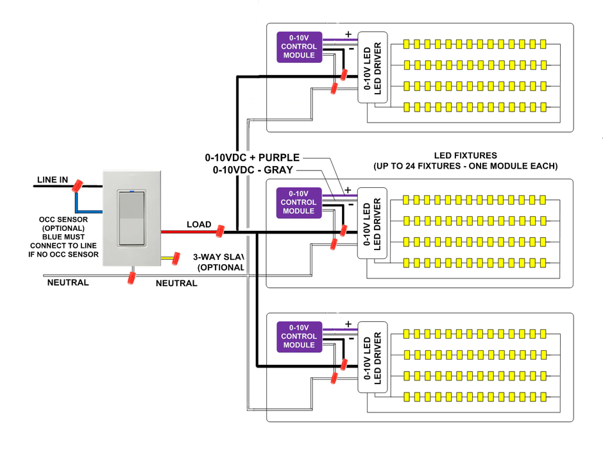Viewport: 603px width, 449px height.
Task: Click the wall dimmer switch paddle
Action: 132,217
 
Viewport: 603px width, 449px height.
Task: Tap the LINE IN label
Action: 52,180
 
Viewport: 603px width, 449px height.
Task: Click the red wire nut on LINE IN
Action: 78,186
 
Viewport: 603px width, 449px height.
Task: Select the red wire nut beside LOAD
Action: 219,231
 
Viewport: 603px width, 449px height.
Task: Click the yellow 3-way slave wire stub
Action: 171,258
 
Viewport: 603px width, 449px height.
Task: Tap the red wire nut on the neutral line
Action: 132,278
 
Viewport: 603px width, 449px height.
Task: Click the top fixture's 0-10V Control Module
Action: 299,47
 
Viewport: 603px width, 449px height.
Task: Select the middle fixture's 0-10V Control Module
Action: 298,202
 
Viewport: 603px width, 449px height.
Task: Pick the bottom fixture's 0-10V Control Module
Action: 299,337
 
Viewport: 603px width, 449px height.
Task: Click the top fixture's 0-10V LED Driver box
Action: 371,67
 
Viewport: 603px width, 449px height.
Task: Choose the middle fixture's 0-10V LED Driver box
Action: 371,223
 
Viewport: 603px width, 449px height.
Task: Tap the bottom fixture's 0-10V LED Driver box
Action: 371,357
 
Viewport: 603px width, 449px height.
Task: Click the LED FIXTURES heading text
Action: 465,155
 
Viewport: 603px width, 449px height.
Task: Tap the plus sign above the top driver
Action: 348,35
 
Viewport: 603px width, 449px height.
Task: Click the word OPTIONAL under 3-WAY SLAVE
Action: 221,267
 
